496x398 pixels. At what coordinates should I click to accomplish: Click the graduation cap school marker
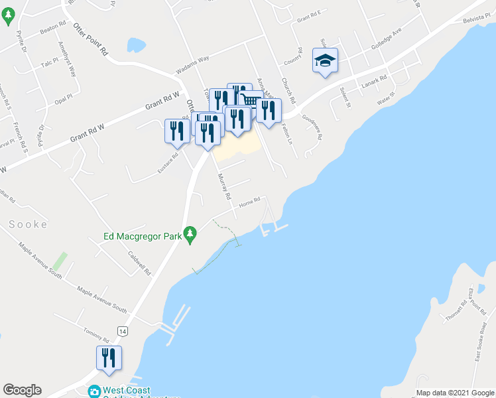point(325,60)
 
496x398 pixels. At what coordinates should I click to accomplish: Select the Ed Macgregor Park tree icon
point(190,233)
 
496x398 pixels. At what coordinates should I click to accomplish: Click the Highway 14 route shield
point(122,330)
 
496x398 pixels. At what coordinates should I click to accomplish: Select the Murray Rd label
point(224,188)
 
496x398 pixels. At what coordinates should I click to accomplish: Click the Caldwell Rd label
point(141,263)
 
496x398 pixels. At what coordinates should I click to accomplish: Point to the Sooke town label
point(28,224)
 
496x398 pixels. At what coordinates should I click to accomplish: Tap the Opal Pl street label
point(64,99)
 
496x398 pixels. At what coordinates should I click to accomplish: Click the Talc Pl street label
point(50,64)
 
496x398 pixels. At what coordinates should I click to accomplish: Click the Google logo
point(23,390)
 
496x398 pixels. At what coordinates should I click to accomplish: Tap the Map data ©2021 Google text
point(454,393)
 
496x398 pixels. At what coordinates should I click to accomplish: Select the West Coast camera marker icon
point(94,392)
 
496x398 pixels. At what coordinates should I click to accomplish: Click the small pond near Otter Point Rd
point(136,45)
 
